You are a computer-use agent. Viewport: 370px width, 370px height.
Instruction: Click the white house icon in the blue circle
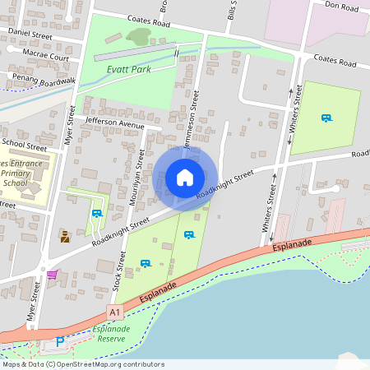point(185,177)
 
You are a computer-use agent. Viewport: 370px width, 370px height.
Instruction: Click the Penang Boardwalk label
point(39,79)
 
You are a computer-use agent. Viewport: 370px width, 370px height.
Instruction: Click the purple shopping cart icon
point(53,274)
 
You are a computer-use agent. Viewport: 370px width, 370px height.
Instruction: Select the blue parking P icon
point(59,341)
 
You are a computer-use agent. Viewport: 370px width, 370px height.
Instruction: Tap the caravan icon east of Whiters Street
point(326,118)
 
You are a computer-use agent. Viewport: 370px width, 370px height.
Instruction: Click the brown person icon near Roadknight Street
point(65,237)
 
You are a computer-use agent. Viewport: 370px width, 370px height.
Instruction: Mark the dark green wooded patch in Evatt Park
point(139,36)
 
